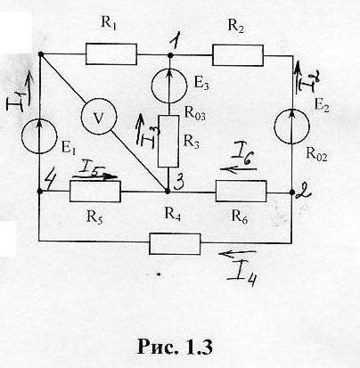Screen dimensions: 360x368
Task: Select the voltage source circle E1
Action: tap(39, 136)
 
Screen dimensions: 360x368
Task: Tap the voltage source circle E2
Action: tap(292, 126)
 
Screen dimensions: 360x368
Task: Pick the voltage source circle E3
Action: tap(169, 86)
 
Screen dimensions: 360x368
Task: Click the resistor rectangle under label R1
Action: tap(111, 54)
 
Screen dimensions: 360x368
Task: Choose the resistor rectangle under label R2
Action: tap(238, 55)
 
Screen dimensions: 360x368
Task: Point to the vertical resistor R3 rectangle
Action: tap(168, 141)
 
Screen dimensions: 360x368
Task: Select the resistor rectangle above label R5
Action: tap(95, 192)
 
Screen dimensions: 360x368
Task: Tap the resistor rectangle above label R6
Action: tap(241, 192)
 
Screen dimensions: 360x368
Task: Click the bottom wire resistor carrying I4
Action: tap(175, 244)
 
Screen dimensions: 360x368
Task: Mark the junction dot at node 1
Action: tap(170, 55)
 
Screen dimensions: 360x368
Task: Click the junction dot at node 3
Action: tap(168, 192)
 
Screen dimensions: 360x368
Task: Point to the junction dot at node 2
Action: tap(291, 192)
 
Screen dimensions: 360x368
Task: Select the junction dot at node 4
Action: tap(40, 192)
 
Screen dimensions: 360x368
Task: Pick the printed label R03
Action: tap(195, 113)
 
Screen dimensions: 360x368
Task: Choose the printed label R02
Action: tap(316, 154)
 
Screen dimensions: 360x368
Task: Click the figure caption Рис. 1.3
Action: tap(175, 347)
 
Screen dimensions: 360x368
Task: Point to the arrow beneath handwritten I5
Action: tap(95, 177)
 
